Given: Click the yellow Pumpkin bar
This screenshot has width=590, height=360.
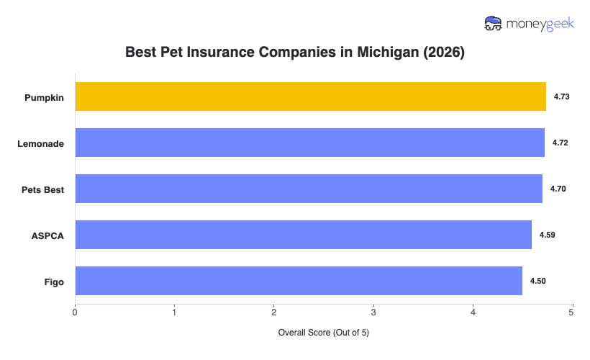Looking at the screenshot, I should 310,96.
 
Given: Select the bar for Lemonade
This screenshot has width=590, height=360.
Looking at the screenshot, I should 309,143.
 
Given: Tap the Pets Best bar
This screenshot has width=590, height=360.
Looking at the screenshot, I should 309,189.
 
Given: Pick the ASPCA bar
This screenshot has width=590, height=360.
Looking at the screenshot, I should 303,235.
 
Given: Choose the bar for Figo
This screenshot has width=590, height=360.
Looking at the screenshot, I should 299,281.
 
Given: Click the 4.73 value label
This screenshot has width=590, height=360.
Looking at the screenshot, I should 562,96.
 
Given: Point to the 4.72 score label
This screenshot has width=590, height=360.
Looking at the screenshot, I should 560,143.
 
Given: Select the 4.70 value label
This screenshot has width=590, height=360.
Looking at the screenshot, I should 558,189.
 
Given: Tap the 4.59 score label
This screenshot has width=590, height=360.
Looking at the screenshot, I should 548,235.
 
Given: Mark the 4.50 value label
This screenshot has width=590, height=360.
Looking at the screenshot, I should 538,281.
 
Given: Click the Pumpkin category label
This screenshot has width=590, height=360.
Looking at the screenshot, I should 43,97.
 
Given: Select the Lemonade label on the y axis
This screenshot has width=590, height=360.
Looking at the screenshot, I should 41,143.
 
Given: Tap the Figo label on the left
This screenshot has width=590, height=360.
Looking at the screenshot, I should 53,282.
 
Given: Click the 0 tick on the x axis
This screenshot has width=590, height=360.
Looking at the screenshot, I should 75,312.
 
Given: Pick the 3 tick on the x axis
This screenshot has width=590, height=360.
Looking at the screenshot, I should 373,312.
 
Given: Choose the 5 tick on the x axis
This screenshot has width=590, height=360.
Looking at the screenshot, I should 572,312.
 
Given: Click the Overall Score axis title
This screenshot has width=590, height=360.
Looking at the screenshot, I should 323,333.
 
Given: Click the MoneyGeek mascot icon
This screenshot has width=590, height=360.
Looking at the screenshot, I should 494,23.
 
